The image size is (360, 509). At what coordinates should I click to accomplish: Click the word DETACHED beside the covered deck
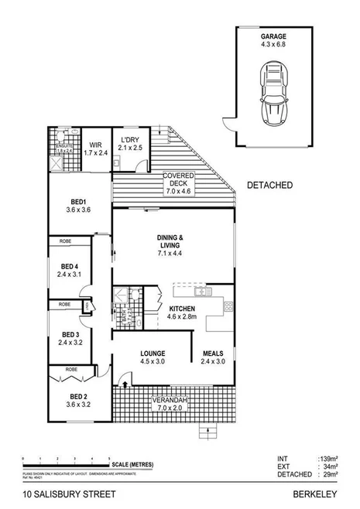pyautogui.click(x=269, y=186)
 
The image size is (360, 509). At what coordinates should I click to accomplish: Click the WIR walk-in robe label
pyautogui.click(x=96, y=148)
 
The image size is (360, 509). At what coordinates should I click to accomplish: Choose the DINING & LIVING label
pyautogui.click(x=170, y=243)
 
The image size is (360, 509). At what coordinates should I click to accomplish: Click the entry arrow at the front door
pyautogui.click(x=125, y=384)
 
